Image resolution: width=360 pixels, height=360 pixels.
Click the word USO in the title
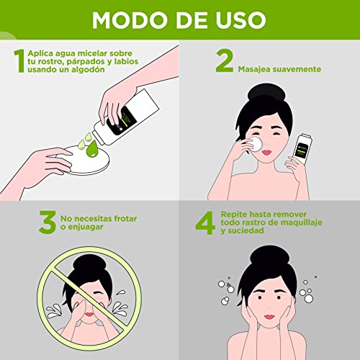(240, 19)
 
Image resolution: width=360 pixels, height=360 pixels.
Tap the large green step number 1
(19, 60)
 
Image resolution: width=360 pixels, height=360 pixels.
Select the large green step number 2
(225, 60)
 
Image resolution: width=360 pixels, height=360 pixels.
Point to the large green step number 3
(48, 222)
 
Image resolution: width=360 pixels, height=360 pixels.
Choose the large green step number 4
(205, 223)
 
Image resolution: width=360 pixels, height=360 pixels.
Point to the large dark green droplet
(92, 149)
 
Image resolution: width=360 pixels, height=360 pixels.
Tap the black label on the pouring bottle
(121, 120)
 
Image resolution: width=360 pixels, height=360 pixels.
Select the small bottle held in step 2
(303, 149)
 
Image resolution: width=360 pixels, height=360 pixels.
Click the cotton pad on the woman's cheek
(255, 144)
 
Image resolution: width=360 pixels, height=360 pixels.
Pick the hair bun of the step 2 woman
(266, 93)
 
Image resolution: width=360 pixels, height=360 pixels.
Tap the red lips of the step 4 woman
(269, 317)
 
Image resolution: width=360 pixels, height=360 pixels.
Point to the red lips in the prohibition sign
(89, 315)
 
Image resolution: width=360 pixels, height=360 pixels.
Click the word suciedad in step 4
(246, 231)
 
